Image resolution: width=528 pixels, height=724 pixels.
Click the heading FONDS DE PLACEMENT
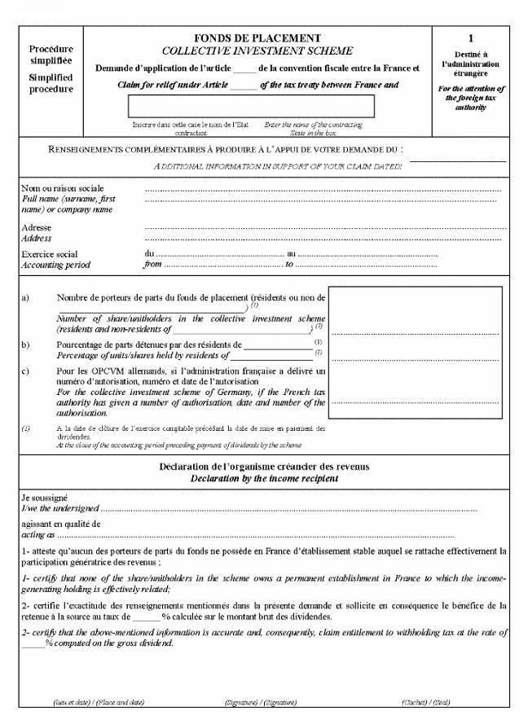tap(257, 38)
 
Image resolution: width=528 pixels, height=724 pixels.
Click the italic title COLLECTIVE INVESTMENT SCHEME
tap(257, 50)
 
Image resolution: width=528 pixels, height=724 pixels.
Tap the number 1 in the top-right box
tap(470, 38)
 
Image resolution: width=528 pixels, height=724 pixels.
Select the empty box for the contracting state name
tap(251, 106)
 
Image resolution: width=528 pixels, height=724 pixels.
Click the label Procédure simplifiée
tap(51, 55)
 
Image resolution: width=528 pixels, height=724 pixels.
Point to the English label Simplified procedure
tap(51, 83)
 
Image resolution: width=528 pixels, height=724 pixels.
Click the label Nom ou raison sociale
tap(62, 189)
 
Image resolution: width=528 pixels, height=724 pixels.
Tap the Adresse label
tap(36, 228)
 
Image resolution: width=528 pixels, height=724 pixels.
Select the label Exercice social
tap(50, 255)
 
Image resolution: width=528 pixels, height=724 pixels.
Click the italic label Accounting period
tap(55, 265)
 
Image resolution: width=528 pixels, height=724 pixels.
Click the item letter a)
tap(25, 299)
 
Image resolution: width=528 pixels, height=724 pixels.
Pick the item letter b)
tap(25, 344)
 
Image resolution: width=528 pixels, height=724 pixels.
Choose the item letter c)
tap(25, 371)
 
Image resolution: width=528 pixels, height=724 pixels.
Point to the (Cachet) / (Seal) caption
tap(426, 701)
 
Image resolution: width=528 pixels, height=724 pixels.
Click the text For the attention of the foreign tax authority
tap(470, 98)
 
